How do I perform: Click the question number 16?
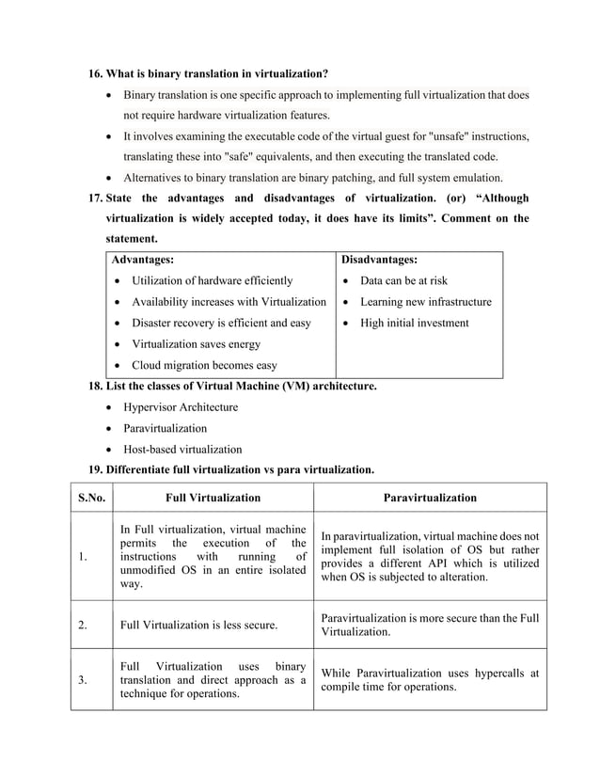click(95, 74)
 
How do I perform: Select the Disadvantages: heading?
click(379, 260)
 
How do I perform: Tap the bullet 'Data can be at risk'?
click(403, 281)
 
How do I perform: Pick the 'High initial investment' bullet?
click(414, 324)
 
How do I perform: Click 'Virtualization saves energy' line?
click(196, 345)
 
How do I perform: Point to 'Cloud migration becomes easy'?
click(204, 366)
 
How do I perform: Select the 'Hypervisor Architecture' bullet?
click(181, 407)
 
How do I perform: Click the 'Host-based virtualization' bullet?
click(182, 449)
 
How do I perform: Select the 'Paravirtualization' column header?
click(430, 498)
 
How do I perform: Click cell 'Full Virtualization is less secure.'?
click(198, 625)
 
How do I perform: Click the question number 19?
click(95, 469)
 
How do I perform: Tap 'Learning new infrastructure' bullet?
click(425, 302)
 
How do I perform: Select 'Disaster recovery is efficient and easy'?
click(221, 324)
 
